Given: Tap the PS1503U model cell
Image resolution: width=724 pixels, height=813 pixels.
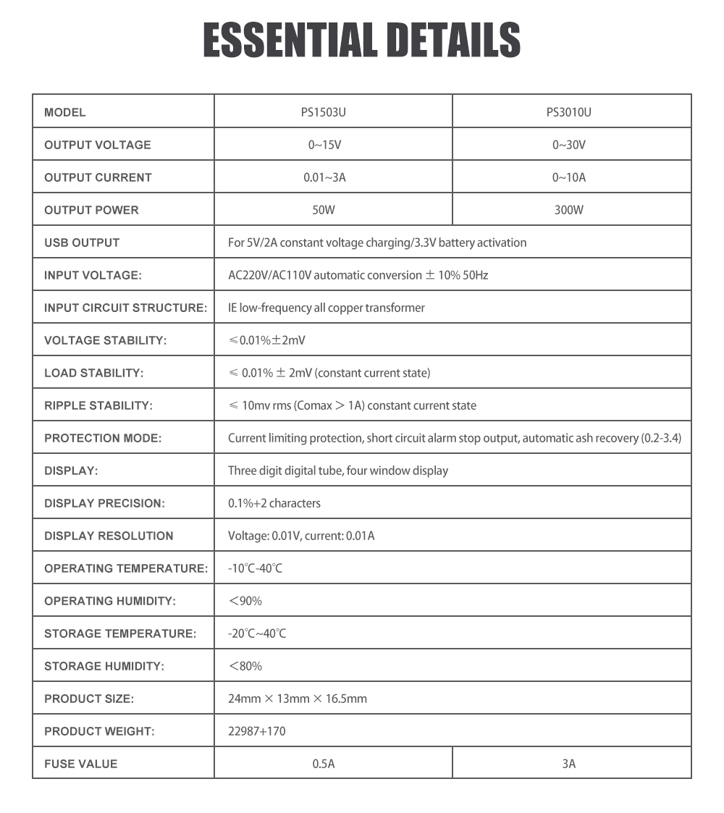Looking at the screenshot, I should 333,112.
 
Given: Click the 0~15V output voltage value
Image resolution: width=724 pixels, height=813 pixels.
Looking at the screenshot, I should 324,145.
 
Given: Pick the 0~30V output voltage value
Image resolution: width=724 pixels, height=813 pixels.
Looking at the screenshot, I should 568,145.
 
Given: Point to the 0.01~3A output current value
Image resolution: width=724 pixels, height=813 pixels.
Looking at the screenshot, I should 324,177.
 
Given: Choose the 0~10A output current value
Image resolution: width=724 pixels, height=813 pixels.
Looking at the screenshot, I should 568,177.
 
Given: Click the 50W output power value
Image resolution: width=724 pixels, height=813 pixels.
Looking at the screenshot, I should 324,210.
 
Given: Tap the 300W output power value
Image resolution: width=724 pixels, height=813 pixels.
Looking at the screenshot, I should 568,210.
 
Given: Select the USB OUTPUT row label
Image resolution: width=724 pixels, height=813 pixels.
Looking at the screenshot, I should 82,243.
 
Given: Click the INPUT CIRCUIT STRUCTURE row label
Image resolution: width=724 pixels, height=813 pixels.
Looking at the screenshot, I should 126,308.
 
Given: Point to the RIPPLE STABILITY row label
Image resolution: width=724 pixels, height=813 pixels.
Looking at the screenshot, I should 98,405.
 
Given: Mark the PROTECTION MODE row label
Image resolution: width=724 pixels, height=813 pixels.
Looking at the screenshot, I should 103,438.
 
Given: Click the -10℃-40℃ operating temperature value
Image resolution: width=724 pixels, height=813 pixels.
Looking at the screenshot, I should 255,568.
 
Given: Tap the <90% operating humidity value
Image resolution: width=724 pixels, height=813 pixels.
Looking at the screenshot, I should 245,601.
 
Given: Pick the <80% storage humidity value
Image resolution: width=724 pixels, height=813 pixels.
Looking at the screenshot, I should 245,666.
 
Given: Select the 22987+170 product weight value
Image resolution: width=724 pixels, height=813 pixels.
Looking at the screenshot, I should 256,731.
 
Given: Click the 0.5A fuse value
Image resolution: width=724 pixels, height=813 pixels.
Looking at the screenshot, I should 324,764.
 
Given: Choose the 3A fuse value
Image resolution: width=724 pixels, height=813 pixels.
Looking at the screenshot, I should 568,764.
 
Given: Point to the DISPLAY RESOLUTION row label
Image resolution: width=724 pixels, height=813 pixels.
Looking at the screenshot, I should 109,536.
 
